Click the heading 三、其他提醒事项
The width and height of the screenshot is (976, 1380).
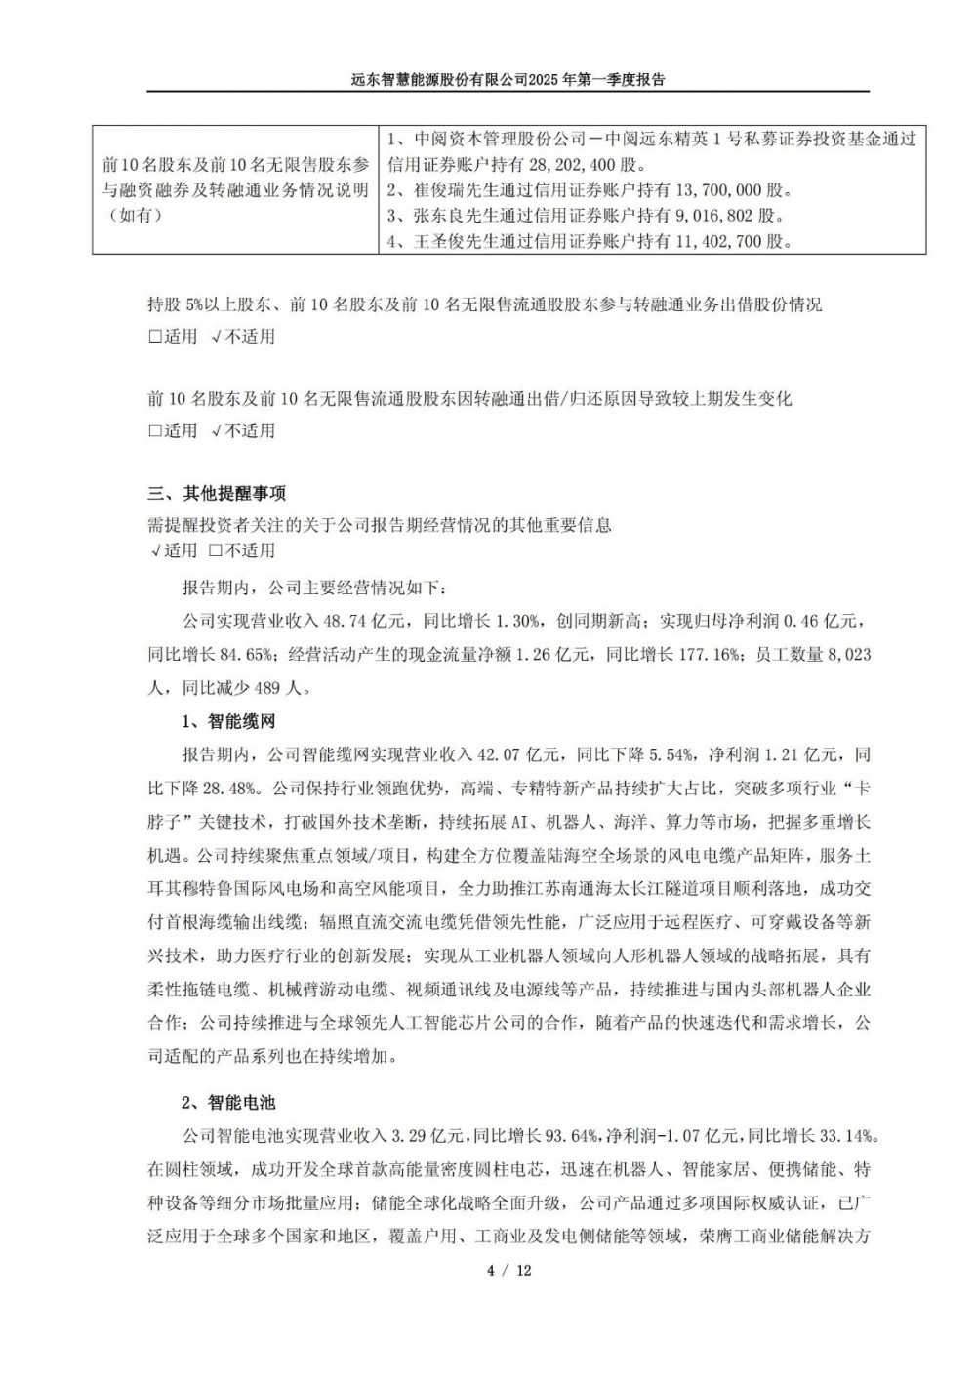coord(217,492)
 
